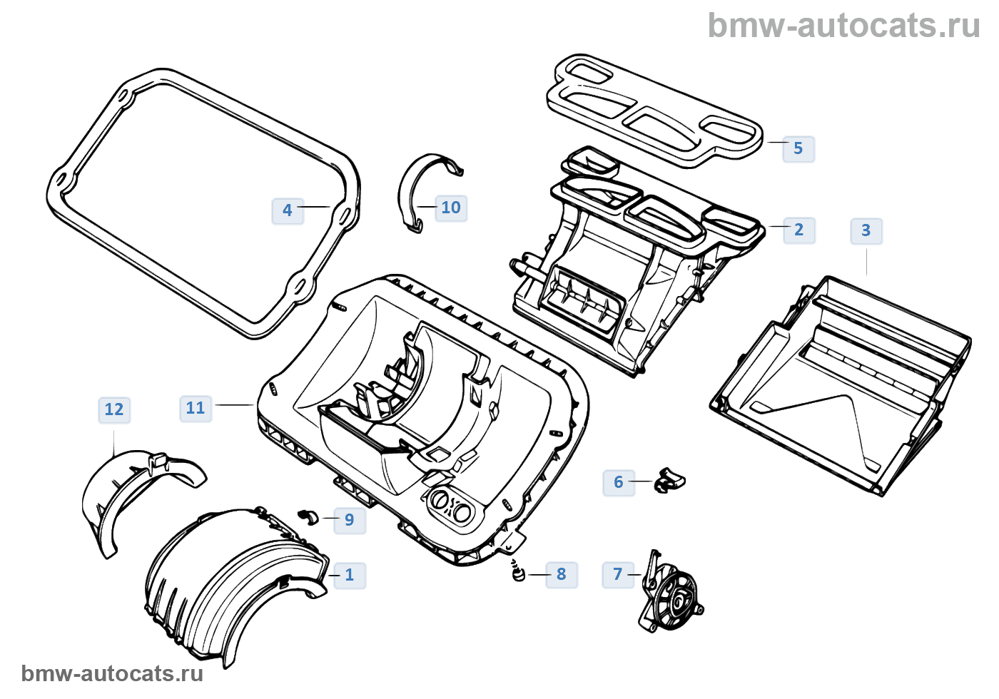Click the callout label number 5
798,148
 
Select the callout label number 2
798,230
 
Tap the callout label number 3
866,230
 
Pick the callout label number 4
288,210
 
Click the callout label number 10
451,208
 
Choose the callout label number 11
195,408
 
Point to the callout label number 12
114,409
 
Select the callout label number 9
349,520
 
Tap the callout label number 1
349,575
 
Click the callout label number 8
561,574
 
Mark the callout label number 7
618,574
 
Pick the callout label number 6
619,482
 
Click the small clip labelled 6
669,480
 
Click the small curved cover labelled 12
136,492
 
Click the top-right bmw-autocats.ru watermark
843,26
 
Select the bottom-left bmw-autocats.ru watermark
112,673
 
